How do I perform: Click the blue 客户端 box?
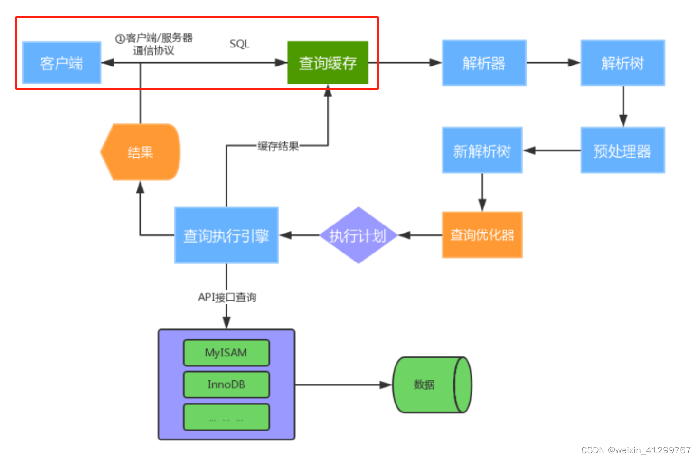click(x=62, y=63)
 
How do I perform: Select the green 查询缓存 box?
click(x=328, y=63)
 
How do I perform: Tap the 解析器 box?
click(x=484, y=63)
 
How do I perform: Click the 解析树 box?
click(x=623, y=63)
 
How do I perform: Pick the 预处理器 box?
click(x=623, y=150)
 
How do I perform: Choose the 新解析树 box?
click(x=482, y=150)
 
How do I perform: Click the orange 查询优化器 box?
click(x=482, y=235)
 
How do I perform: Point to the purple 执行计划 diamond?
click(x=358, y=235)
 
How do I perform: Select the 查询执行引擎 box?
click(x=226, y=235)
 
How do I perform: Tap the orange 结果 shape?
click(x=141, y=152)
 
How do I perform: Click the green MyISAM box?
click(x=226, y=353)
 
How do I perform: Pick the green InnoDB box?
click(x=226, y=384)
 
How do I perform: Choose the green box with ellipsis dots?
click(x=226, y=417)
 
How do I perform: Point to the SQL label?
click(x=239, y=44)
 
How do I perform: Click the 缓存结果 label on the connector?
click(x=278, y=146)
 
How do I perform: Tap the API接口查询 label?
click(x=227, y=298)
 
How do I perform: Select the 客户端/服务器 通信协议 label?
click(x=154, y=44)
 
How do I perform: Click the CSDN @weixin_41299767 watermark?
click(x=636, y=450)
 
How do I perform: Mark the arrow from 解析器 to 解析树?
click(x=553, y=63)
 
